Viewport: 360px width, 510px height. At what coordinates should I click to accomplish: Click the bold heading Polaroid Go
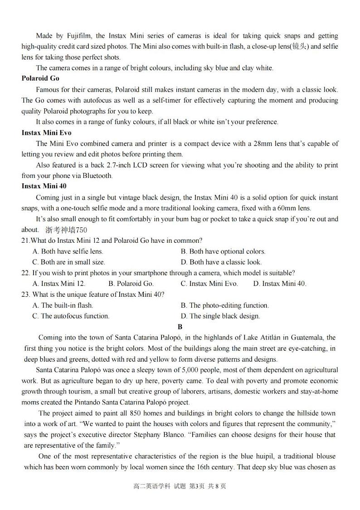pos(40,78)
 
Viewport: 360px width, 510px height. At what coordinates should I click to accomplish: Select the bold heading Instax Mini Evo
pos(46,133)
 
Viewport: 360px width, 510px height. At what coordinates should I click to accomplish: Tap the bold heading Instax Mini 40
pos(44,186)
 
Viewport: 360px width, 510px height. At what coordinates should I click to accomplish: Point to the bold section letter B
pos(180,327)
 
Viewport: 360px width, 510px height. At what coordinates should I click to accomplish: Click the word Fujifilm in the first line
pos(80,36)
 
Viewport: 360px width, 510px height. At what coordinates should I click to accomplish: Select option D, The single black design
pos(220,316)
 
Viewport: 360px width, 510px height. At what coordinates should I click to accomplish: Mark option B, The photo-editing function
pos(225,305)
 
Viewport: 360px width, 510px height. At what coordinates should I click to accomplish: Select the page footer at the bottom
pos(180,486)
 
